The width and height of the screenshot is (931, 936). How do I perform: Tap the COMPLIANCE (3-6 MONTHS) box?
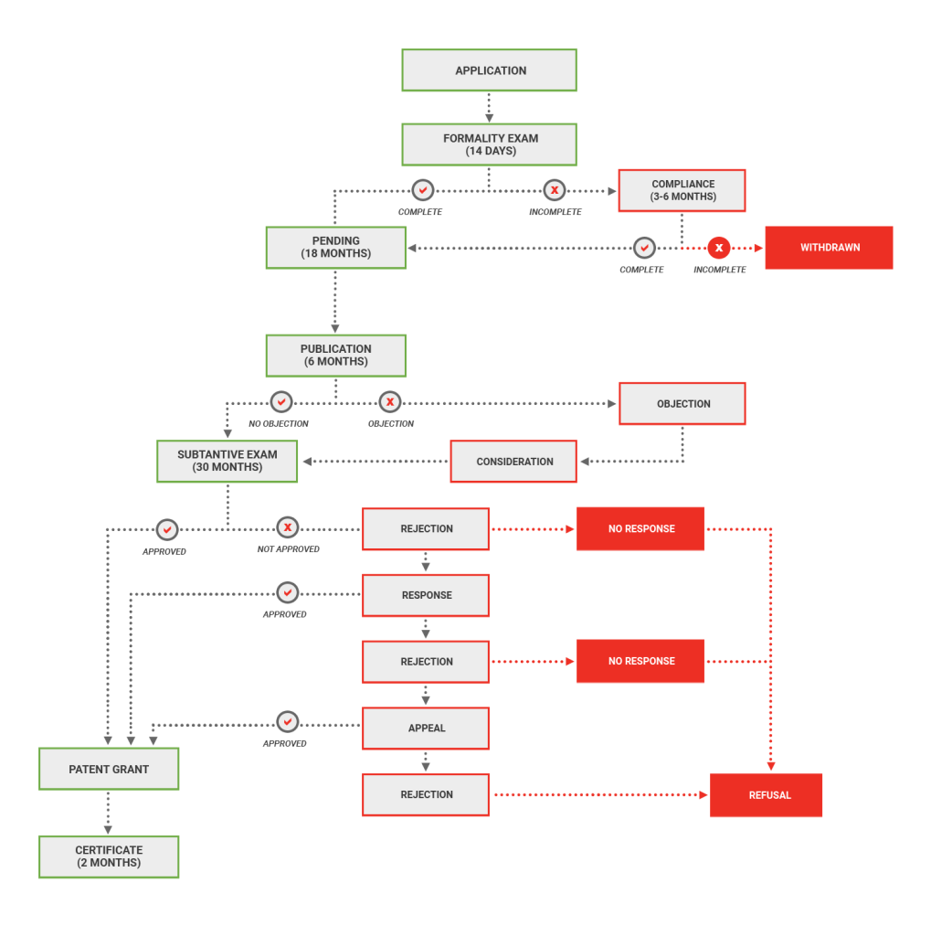pos(682,190)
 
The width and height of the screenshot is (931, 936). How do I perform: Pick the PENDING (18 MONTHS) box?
pos(335,247)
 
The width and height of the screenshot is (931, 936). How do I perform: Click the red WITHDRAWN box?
pos(829,248)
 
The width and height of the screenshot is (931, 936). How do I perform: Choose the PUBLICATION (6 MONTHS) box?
pos(335,355)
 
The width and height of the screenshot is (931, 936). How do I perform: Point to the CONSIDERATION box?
pos(513,462)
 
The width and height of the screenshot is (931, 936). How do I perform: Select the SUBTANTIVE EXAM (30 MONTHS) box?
pos(227,461)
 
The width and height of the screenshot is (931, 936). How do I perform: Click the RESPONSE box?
pos(426,595)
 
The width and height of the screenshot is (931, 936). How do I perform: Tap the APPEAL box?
pos(426,729)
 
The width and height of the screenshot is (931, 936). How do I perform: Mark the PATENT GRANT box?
pos(109,769)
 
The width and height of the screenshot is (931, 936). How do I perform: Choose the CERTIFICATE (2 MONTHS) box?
pos(109,856)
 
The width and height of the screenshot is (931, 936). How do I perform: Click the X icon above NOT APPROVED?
pos(288,527)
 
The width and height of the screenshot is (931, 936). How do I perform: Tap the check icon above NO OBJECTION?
pos(280,401)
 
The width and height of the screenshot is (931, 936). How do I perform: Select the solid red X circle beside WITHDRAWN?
pos(719,248)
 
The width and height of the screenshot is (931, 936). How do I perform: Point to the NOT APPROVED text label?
pos(288,549)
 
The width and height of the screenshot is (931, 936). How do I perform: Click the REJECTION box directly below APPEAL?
pos(426,795)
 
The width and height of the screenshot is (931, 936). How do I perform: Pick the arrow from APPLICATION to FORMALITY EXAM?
pos(489,107)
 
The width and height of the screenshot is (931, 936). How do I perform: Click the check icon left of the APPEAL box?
pos(288,722)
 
